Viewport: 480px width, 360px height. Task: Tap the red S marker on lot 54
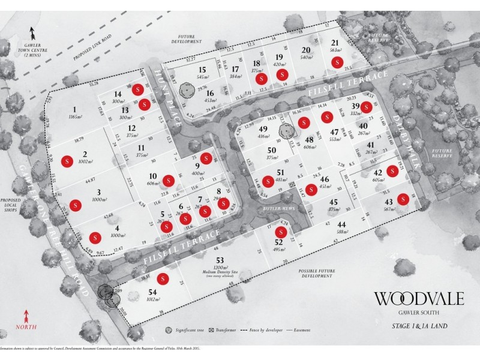point(162,279)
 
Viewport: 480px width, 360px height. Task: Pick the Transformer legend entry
point(226,331)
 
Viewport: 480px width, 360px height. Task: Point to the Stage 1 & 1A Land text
point(415,328)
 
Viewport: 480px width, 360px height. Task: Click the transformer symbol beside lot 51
point(292,186)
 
